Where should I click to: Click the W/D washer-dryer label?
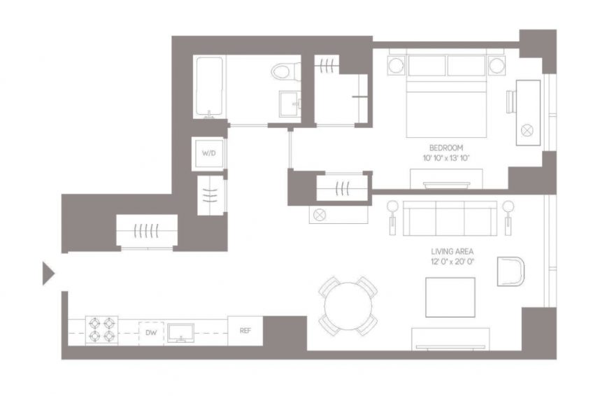pos(209,153)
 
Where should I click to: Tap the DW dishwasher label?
pos(151,333)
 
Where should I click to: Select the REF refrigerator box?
pos(245,330)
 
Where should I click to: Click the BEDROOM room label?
pos(446,148)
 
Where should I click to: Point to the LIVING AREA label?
pos(452,251)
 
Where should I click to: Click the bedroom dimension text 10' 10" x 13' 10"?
pos(446,158)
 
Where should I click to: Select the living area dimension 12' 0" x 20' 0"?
pos(452,262)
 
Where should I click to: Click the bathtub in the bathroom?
pos(209,86)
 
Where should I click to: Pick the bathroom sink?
pos(290,104)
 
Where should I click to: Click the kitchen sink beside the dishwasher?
pos(181,333)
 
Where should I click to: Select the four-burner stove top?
pos(101,330)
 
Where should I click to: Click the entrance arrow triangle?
pos(48,273)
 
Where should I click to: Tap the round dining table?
pos(348,306)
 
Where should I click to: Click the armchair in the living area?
pos(510,271)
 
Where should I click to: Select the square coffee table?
pos(450,297)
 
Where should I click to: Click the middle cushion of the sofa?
pos(450,218)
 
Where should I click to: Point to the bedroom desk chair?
pos(511,101)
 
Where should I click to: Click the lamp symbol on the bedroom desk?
pos(527,131)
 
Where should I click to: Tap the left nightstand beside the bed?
pos(396,66)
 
